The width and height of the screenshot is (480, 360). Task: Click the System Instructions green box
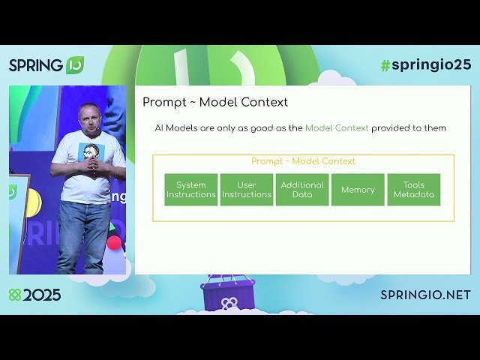(x=191, y=190)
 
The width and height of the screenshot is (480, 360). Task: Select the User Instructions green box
(x=247, y=190)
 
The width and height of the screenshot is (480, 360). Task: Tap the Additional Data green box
(x=302, y=190)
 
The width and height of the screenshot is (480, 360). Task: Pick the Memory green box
(x=358, y=190)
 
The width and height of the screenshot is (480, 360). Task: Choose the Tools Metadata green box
(x=413, y=190)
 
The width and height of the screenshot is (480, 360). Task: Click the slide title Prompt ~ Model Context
(x=215, y=102)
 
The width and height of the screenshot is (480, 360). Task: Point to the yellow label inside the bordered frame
(x=303, y=161)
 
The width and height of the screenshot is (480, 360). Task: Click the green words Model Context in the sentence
(x=337, y=128)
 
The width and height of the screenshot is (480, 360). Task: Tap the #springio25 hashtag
(x=425, y=64)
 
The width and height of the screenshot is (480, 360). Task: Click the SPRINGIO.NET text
(x=425, y=295)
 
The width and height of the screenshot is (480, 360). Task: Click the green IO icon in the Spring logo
(x=74, y=64)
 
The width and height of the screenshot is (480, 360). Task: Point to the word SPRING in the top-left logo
(x=36, y=65)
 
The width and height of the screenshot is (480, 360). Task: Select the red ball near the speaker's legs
(x=114, y=243)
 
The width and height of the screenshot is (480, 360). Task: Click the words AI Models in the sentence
(x=174, y=128)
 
